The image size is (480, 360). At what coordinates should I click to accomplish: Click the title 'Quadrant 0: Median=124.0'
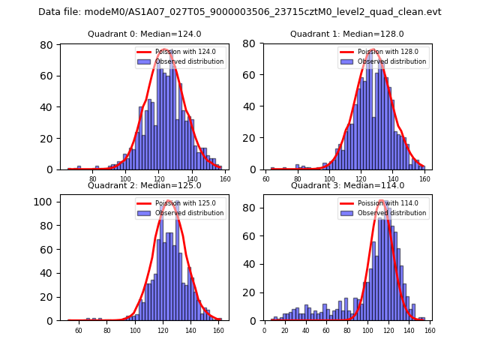[145, 34]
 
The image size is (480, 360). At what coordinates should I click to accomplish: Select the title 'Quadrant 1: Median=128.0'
[347, 34]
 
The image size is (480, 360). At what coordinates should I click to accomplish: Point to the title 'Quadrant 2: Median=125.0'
[145, 185]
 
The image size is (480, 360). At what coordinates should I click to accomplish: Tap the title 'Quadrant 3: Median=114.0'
[347, 185]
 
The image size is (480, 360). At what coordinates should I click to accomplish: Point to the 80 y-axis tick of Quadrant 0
[46, 45]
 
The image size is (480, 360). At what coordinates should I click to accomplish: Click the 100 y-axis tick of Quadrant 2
[43, 202]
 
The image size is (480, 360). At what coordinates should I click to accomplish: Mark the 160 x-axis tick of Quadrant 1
[424, 179]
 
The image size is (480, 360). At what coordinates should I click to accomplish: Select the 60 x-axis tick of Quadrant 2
[79, 331]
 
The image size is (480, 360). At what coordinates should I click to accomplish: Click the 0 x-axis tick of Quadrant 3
[264, 331]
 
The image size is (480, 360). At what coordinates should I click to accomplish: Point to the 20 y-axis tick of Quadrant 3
[250, 292]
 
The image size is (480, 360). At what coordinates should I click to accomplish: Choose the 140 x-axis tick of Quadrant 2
[190, 331]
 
